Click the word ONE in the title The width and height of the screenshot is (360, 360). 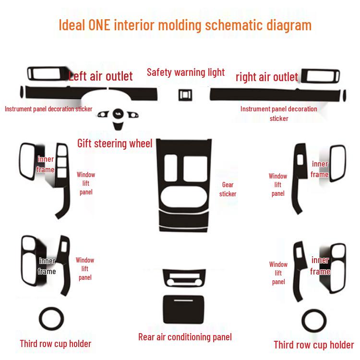[x=99, y=25]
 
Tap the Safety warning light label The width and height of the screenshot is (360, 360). [x=186, y=72]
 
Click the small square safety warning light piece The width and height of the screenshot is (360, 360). [x=185, y=95]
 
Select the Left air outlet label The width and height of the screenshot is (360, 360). [x=101, y=76]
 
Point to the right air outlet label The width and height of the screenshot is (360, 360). [x=267, y=77]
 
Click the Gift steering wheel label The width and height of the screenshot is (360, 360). [x=115, y=144]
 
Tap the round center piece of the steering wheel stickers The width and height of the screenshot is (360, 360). [x=118, y=114]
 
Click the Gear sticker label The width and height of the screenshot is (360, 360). [x=228, y=190]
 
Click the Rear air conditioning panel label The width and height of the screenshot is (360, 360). [x=185, y=337]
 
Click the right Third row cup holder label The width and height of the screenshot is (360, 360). [x=314, y=345]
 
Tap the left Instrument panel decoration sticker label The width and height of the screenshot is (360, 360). [x=48, y=109]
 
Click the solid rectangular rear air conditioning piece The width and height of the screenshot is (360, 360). [x=183, y=309]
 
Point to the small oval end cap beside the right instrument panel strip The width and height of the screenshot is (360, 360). [x=344, y=96]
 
